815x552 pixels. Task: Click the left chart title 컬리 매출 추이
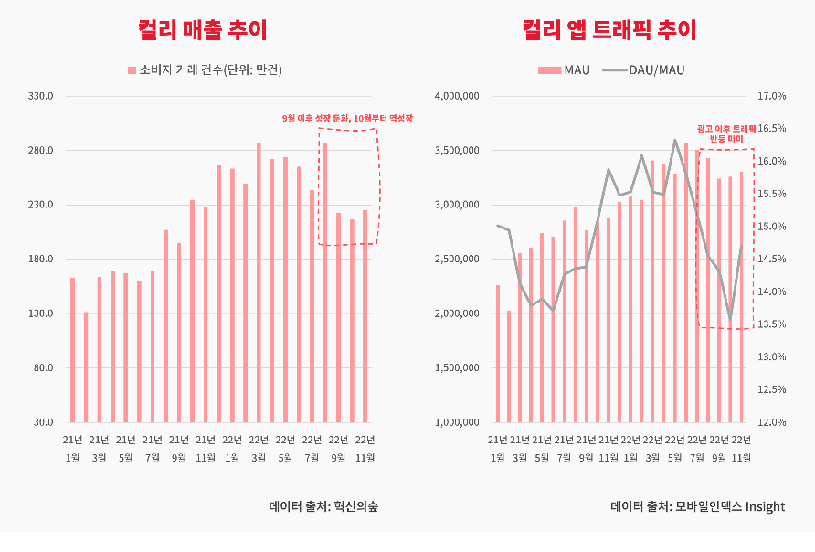tap(203, 30)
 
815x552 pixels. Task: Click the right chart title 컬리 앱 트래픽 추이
tap(609, 30)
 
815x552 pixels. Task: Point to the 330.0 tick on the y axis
tap(42, 96)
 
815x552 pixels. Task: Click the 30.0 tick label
tap(44, 422)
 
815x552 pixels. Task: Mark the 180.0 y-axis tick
tap(42, 260)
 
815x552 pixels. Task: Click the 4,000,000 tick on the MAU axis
tap(457, 96)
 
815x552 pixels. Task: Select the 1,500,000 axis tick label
tap(457, 368)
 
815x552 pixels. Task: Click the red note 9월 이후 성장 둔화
tap(347, 119)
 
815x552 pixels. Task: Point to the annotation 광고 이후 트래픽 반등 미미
tap(725, 134)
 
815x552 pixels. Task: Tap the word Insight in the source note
tap(765, 506)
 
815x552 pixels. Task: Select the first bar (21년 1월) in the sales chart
tap(73, 350)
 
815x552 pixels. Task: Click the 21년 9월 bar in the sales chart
tap(179, 333)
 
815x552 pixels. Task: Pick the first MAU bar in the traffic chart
tap(498, 354)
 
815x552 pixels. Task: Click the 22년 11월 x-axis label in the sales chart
tap(365, 448)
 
